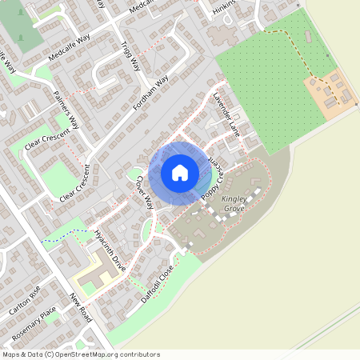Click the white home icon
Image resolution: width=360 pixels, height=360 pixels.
pos(180,172)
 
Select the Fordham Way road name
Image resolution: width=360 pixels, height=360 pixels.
pos(152,94)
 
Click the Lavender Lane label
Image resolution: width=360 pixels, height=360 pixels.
pos(226,116)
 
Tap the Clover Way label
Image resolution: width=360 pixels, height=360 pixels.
pos(143,193)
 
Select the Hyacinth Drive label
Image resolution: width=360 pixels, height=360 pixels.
pos(110,250)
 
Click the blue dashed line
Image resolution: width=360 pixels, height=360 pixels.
pos(64,235)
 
